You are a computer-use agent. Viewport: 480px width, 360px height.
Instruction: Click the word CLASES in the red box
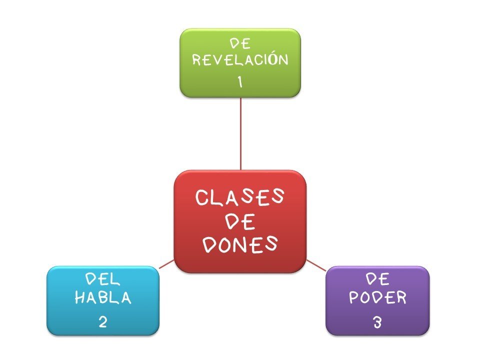(x=240, y=197)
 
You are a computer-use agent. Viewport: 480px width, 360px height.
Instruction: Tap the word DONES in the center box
(x=240, y=243)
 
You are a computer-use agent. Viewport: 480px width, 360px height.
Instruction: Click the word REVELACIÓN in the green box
(x=240, y=60)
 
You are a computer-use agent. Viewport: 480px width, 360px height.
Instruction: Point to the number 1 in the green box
(x=240, y=81)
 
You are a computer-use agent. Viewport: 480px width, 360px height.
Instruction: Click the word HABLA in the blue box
(x=103, y=298)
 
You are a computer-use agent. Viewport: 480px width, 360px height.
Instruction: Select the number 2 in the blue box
(x=103, y=321)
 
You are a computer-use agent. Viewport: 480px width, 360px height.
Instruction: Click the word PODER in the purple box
(x=377, y=298)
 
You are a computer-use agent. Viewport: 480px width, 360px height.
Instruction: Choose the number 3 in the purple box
(x=377, y=322)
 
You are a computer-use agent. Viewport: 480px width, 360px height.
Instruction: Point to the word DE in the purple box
(x=377, y=279)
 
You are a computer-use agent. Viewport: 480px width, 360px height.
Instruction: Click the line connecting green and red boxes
(x=240, y=132)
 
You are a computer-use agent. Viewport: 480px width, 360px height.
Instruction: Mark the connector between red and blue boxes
(x=166, y=264)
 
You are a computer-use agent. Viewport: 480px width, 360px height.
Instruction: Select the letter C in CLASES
(x=202, y=198)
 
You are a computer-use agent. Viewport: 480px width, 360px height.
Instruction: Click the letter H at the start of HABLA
(x=80, y=298)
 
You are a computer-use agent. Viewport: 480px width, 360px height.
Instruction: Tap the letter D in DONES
(x=211, y=244)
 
